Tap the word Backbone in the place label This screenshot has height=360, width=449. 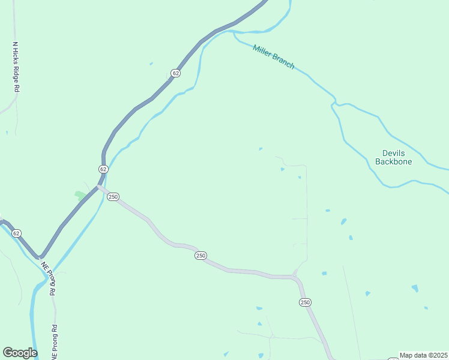[394, 161]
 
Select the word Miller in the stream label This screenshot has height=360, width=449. [263, 52]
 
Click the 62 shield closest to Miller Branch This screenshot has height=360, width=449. [175, 73]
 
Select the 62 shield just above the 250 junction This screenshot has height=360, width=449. [103, 169]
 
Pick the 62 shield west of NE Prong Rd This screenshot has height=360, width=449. [16, 233]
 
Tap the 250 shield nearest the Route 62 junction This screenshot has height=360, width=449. [114, 196]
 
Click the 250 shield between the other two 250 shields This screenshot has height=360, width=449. [200, 256]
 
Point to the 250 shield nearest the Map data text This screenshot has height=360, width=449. [305, 302]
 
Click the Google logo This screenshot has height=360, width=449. [20, 353]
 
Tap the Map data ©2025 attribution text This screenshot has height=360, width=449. [423, 355]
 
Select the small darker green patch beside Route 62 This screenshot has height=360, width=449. [80, 196]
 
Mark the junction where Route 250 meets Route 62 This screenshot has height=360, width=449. [98, 187]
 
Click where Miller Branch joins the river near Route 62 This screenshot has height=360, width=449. [234, 32]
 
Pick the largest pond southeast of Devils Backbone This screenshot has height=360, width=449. [414, 288]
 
